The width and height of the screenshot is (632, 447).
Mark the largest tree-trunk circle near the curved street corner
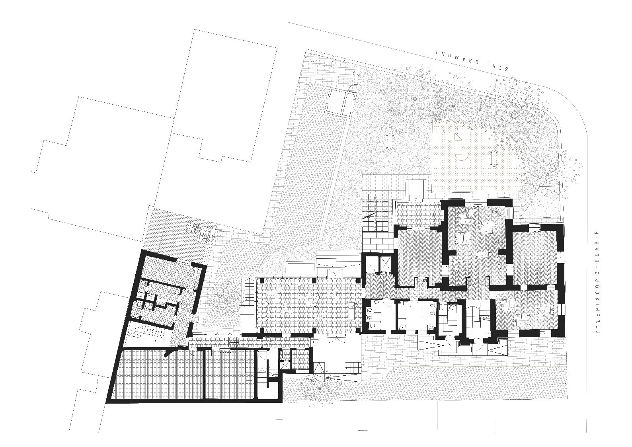pyautogui.click(x=515, y=115)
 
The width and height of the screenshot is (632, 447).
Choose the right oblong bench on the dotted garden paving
pyautogui.click(x=494, y=159)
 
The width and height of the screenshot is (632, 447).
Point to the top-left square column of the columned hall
pyautogui.click(x=262, y=281)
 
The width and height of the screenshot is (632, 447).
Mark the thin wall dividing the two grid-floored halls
pyautogui.click(x=203, y=375)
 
